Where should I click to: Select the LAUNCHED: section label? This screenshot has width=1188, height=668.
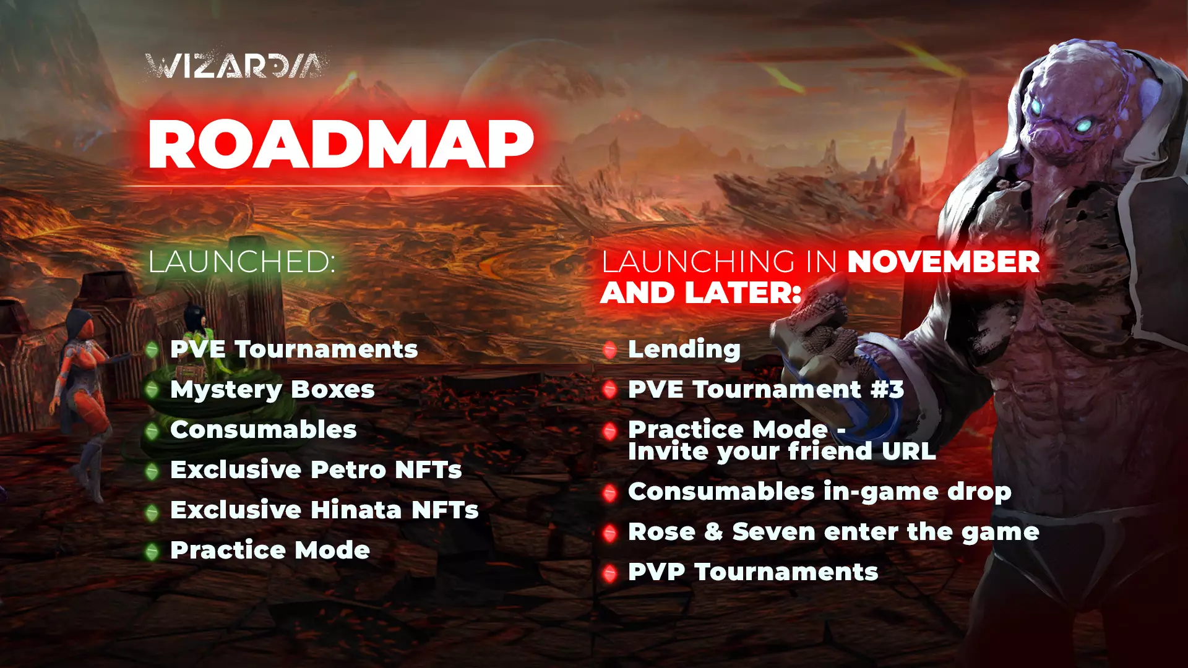[x=242, y=261]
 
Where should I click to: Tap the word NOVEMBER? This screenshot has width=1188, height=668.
[x=944, y=262]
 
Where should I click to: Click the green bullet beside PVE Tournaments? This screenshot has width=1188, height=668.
[x=152, y=350]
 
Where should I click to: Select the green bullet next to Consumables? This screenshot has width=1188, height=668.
[x=152, y=430]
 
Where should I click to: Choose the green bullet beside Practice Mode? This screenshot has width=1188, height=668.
[x=152, y=551]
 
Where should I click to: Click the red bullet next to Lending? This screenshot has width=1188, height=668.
[x=610, y=350]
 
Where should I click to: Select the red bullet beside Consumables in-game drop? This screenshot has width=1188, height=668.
[x=610, y=493]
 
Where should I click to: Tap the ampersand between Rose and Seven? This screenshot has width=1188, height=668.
[x=713, y=532]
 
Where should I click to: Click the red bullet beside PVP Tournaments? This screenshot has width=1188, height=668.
[x=610, y=573]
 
